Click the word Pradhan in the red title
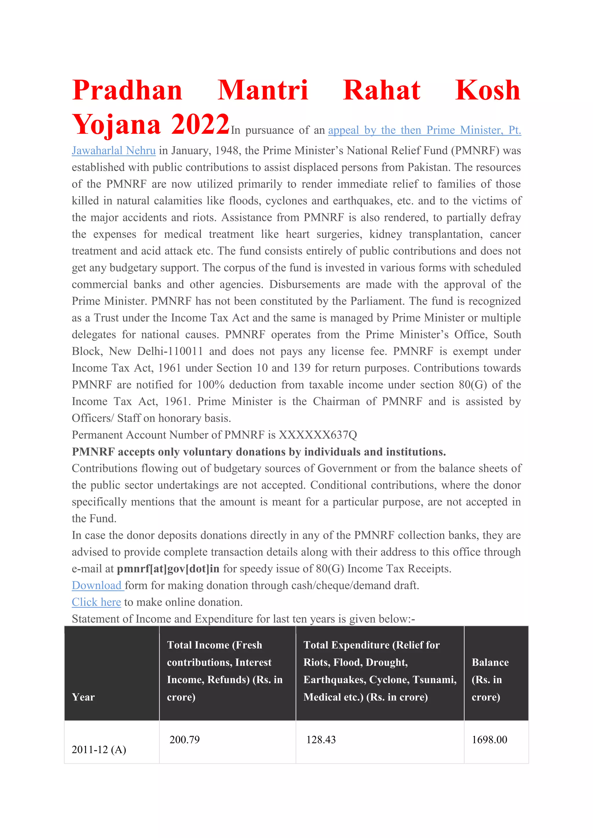click(x=127, y=90)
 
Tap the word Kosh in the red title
click(x=488, y=90)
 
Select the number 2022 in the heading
click(x=200, y=124)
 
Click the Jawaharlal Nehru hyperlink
click(x=114, y=151)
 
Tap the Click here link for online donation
click(x=96, y=602)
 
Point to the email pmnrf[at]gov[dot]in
click(x=168, y=569)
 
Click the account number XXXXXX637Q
click(x=318, y=435)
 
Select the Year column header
click(x=83, y=697)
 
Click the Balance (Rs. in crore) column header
click(x=490, y=680)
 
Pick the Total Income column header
click(x=225, y=671)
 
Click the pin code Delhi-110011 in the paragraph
click(x=170, y=351)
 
